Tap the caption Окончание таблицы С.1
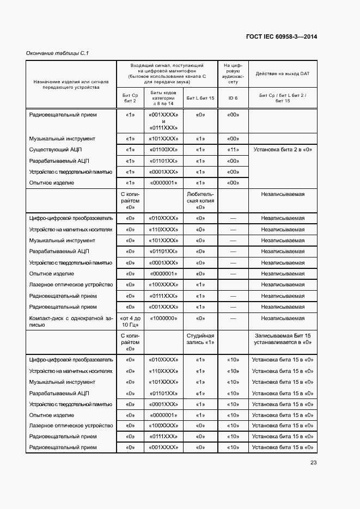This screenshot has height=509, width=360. point(58,53)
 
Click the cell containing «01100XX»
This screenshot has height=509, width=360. point(163,150)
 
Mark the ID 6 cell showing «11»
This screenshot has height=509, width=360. point(233,150)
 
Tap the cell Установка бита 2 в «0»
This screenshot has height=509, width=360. point(283,150)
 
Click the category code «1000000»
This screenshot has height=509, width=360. point(163,318)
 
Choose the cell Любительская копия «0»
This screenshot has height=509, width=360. point(200,200)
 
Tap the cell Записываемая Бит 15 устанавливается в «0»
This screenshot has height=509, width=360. point(283,339)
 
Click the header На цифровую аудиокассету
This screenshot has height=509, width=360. point(233,73)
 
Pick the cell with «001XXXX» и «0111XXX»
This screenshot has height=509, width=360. point(163,121)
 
